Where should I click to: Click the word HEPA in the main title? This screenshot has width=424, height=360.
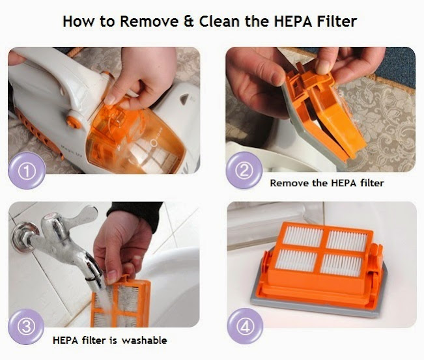(293, 21)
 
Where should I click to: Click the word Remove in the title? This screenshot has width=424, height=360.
(149, 21)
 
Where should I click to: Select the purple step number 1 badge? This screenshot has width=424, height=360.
(27, 171)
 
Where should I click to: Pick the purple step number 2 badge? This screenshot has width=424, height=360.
(244, 170)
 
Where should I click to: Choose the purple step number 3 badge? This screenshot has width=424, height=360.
(26, 327)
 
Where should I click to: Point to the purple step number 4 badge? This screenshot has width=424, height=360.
(245, 327)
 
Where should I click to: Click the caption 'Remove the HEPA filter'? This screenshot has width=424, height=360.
(327, 183)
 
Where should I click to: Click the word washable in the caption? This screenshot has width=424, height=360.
(144, 340)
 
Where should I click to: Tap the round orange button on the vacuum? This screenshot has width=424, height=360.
(74, 122)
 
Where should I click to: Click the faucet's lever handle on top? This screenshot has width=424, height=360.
(83, 214)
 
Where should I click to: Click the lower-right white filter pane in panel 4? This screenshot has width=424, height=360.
(341, 264)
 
